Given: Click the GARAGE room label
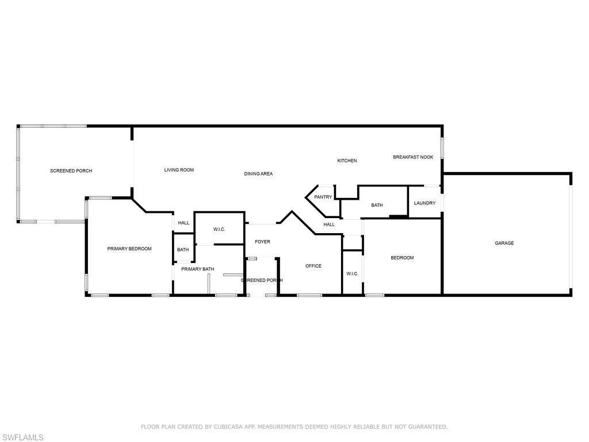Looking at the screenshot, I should [504, 243].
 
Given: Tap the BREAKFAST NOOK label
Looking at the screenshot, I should [413, 157].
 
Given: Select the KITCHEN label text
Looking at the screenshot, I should [347, 161].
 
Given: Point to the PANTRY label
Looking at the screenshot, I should [323, 197].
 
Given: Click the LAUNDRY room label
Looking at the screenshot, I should [424, 203].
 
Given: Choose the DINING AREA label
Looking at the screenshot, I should [258, 174].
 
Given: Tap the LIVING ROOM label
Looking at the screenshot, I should [179, 170].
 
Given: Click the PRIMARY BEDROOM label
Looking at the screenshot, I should [129, 249].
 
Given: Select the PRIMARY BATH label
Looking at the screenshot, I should [198, 269].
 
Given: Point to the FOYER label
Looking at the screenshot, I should [262, 242].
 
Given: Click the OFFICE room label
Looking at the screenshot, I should [313, 266].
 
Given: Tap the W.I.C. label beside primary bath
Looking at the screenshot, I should [219, 230].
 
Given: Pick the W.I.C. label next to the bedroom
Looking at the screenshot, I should [353, 274].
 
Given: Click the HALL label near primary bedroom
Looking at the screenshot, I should [183, 223].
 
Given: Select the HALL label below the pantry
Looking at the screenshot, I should [329, 224].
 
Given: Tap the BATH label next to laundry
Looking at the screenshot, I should [377, 205].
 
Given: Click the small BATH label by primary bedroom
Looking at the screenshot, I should [183, 250].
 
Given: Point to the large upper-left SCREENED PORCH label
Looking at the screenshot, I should [71, 171].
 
